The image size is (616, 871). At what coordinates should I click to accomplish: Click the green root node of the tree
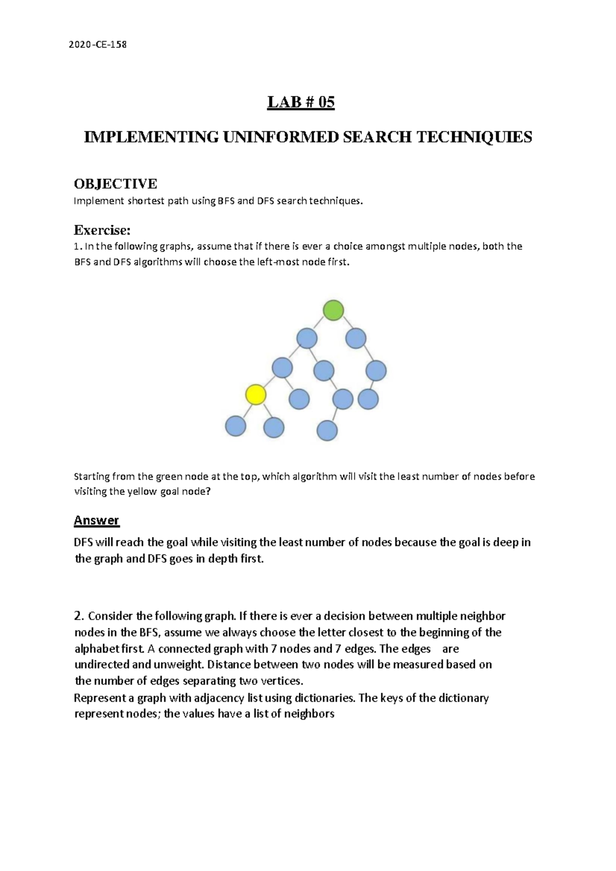pos(333,310)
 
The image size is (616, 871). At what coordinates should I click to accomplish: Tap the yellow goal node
pos(256,395)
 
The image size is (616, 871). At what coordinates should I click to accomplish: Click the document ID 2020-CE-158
pos(98,45)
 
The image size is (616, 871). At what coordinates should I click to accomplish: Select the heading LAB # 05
pos(301,103)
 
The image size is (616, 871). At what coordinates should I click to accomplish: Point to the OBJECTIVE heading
pos(115,184)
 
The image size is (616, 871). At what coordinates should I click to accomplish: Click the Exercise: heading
pos(102,229)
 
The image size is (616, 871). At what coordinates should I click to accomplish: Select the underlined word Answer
pos(97,521)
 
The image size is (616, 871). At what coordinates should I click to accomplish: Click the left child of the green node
pos(307,339)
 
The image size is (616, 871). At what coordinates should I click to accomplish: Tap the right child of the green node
pos(356,339)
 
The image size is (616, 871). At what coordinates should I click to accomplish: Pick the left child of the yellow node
pos(236,426)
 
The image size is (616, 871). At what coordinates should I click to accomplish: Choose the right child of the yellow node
pos(274,427)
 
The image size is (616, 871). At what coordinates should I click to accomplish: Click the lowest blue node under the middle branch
pos(327,431)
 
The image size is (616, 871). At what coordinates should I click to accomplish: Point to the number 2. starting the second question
pos(79,616)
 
